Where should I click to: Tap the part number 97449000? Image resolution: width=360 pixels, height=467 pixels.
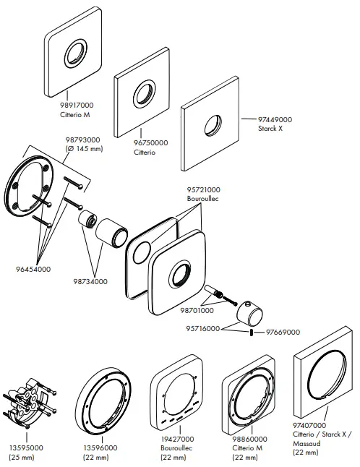(275, 119)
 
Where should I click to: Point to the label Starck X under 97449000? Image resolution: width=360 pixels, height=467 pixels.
(272, 127)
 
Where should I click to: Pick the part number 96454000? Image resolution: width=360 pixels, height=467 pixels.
(30, 269)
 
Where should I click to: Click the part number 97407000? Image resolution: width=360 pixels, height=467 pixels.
(311, 426)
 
